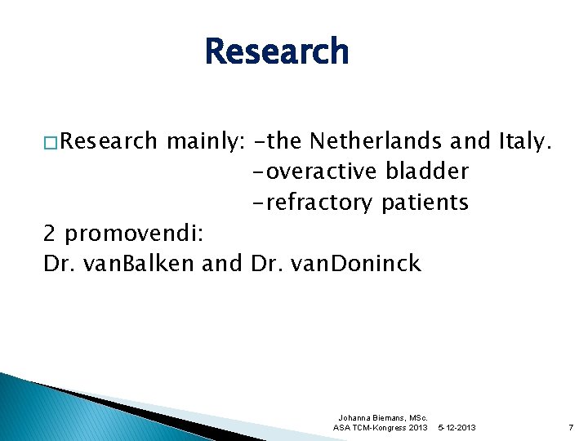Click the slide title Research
pyautogui.click(x=277, y=52)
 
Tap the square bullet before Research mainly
pyautogui.click(x=51, y=142)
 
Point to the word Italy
pyautogui.click(x=525, y=141)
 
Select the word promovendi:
pyautogui.click(x=139, y=234)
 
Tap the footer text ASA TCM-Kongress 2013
pyautogui.click(x=381, y=428)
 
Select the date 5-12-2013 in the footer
pyautogui.click(x=457, y=428)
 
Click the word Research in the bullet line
pyautogui.click(x=109, y=141)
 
